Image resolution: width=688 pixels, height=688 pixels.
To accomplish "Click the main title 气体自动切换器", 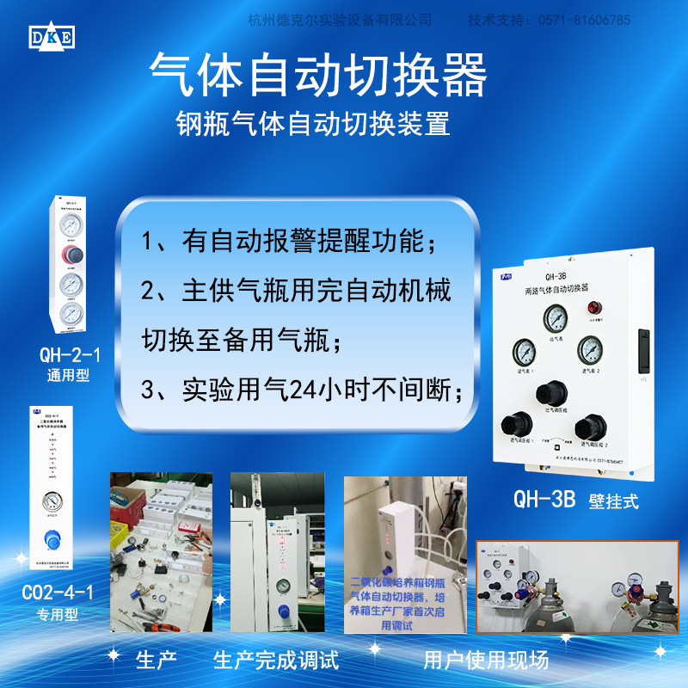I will coord(318,76).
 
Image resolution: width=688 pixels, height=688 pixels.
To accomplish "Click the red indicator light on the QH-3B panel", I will coord(593,307).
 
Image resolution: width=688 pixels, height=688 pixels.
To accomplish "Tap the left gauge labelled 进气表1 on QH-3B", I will coord(523,351).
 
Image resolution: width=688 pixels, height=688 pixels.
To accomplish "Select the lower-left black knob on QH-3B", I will coord(514,425).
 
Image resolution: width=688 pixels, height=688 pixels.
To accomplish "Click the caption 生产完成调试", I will coord(276,660).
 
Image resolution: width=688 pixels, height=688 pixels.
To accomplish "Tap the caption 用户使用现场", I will coord(486,660).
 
